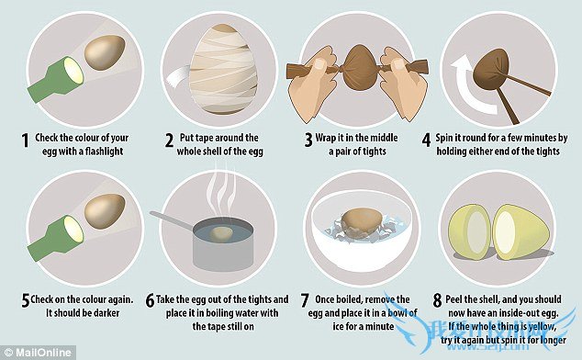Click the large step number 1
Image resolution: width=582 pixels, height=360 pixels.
25,141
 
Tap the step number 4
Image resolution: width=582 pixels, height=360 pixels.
427,141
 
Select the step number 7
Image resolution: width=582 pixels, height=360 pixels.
305,300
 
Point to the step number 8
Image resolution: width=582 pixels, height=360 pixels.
437,300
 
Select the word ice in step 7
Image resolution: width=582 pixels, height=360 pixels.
338,326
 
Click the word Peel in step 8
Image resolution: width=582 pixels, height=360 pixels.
453,299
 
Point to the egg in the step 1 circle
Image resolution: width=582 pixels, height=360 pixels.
105,52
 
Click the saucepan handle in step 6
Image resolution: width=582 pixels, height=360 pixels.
173,219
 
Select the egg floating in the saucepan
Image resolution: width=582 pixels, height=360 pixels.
221,234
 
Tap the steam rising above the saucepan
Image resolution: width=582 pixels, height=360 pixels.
221,193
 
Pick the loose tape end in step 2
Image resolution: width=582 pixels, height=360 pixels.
178,77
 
